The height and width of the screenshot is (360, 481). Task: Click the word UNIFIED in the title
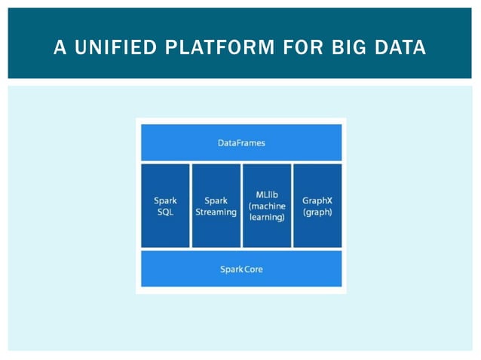111,47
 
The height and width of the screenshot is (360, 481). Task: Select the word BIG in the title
351,47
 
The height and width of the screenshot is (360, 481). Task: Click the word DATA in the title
400,47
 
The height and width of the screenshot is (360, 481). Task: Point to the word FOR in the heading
305,47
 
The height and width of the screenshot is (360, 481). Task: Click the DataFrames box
241,142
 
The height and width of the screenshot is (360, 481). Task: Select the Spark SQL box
165,206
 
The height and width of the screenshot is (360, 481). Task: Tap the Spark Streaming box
216,206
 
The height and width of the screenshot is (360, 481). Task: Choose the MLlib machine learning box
267,206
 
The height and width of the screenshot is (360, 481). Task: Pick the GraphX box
317,206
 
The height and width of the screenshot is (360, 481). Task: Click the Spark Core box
241,269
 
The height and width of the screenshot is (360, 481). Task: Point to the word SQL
164,212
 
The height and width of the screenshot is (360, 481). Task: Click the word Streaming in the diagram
216,212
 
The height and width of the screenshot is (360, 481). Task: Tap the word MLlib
267,194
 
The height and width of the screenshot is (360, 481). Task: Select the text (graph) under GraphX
317,212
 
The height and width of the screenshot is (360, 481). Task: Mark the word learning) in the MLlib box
267,217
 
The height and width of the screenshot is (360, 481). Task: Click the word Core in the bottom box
253,269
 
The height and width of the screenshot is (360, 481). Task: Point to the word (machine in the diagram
267,206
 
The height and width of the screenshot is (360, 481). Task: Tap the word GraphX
317,201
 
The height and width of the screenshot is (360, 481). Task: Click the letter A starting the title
60,47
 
